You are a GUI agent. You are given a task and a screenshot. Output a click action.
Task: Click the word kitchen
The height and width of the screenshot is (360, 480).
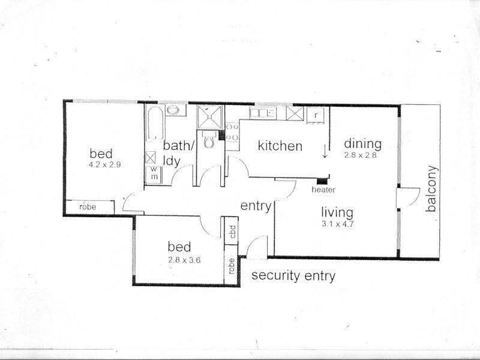(280, 146)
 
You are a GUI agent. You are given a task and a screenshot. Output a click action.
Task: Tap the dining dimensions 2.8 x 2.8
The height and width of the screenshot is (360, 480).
(361, 155)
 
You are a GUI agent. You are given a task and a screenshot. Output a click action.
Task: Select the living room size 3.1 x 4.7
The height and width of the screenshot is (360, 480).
(337, 224)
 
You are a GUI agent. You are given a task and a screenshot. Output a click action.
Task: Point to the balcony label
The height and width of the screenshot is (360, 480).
(431, 188)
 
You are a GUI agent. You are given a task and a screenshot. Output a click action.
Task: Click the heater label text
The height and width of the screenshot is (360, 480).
(323, 190)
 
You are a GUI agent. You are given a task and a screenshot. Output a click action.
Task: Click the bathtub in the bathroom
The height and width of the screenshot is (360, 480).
(156, 123)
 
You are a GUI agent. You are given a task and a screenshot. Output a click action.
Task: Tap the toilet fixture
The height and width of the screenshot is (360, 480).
(209, 140)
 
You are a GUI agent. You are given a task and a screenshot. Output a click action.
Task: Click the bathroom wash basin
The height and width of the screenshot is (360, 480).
(176, 110)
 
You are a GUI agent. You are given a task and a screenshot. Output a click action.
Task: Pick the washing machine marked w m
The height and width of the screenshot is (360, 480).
(154, 175)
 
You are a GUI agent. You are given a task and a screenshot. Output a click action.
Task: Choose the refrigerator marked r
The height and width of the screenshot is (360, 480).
(316, 115)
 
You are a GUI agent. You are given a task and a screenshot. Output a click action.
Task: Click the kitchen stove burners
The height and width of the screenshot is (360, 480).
(232, 132)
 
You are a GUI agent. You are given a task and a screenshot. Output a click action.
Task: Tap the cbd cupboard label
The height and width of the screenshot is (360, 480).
(232, 232)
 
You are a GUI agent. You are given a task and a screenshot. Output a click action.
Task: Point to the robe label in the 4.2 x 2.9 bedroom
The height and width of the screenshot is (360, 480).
(88, 207)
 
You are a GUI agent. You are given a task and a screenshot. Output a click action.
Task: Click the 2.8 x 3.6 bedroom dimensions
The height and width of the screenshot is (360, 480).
(184, 260)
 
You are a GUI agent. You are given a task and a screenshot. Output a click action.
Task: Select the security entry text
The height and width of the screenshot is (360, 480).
(293, 276)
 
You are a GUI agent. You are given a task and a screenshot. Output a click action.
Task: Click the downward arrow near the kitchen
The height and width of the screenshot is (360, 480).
(325, 152)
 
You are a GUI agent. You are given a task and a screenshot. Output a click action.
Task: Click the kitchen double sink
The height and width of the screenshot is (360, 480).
(263, 113)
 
